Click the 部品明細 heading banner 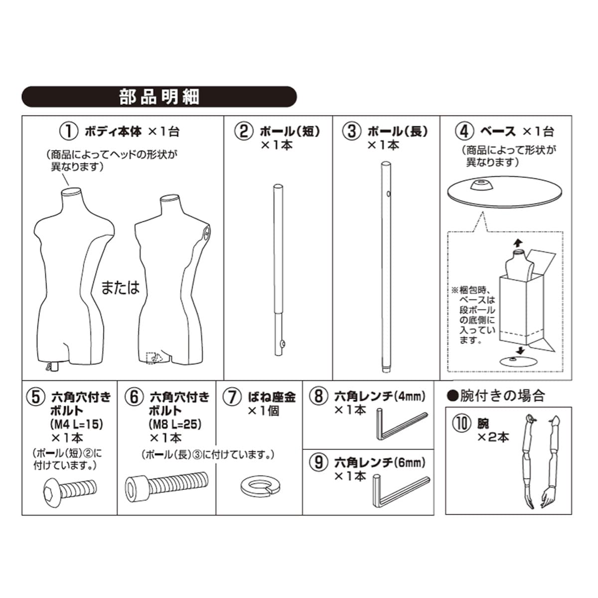[159, 97]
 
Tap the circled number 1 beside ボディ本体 [69, 132]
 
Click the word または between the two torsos [120, 288]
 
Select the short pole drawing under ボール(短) [278, 269]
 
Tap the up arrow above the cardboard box [518, 242]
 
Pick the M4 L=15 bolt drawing [68, 487]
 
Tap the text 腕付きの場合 [495, 396]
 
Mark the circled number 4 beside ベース [464, 132]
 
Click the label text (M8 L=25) [175, 425]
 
